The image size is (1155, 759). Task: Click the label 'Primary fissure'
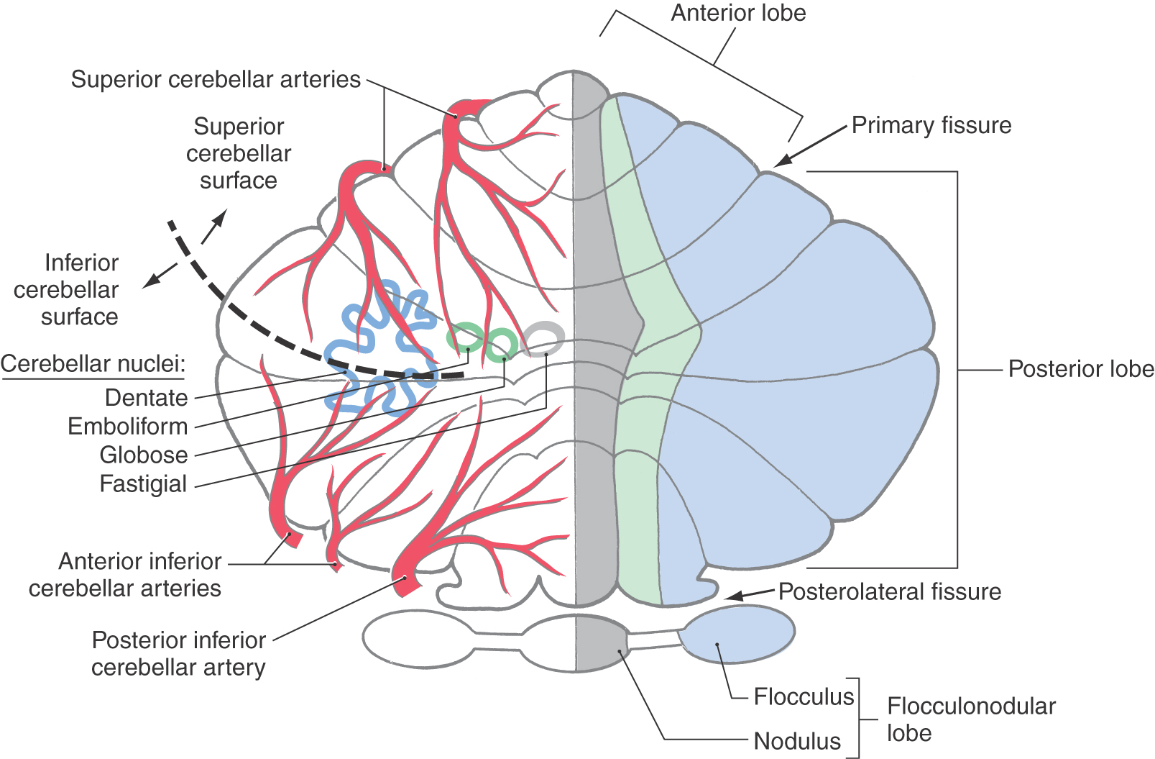click(931, 125)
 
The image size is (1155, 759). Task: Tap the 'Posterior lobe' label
click(1080, 369)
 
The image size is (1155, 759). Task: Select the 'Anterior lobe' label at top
click(738, 13)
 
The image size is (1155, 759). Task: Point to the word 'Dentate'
click(146, 398)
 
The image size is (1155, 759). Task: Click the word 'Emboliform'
click(127, 427)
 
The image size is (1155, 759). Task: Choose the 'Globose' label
click(143, 455)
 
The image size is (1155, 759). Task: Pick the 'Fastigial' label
click(143, 484)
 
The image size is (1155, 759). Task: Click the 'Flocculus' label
click(804, 697)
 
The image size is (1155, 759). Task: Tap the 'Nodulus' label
click(797, 741)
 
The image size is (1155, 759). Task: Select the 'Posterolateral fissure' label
click(889, 592)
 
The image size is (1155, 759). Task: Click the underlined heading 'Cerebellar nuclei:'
click(93, 364)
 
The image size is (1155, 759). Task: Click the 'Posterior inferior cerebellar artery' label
click(178, 654)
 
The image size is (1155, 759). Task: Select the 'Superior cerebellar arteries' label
click(216, 79)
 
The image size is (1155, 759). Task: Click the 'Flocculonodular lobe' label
click(970, 719)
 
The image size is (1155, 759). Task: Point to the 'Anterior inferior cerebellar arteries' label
click(126, 575)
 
